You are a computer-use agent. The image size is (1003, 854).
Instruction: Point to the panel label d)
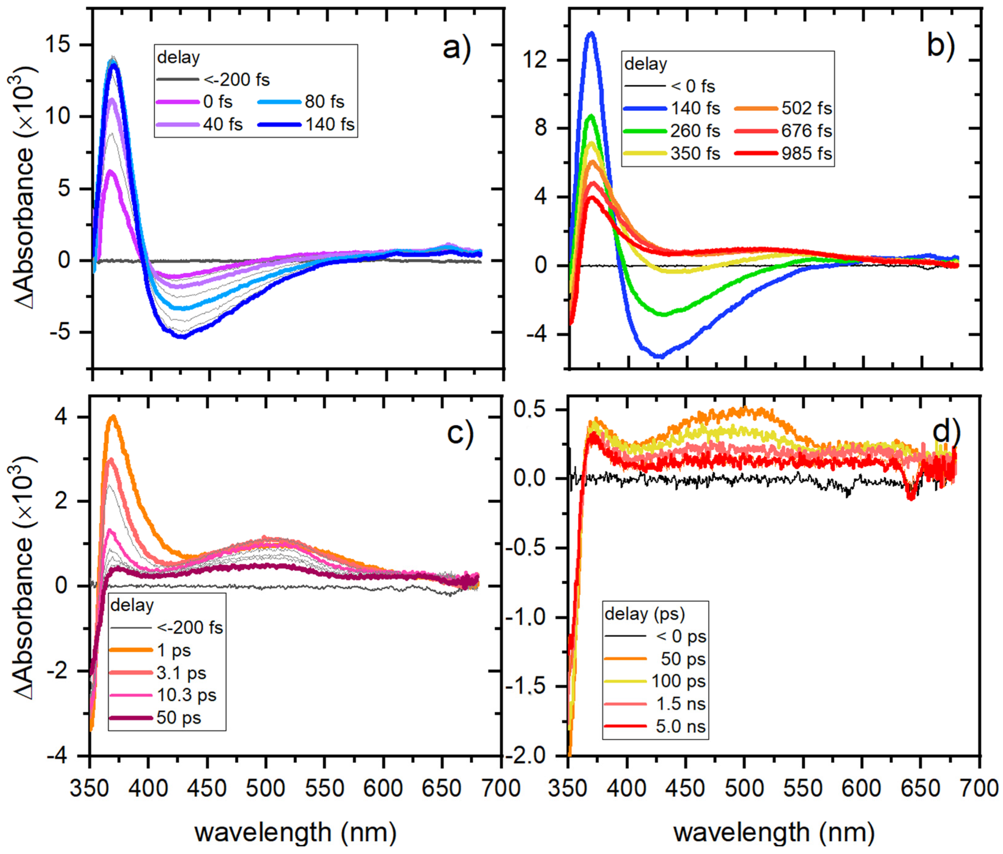(x=946, y=431)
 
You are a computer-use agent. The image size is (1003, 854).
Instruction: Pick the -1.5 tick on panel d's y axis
(x=531, y=686)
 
